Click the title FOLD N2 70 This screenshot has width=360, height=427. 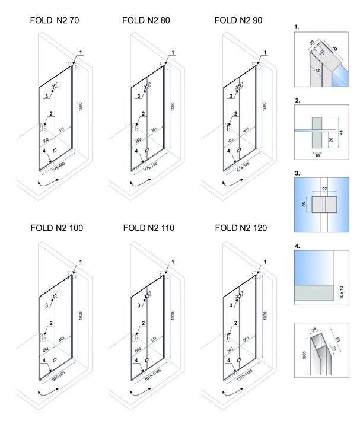click(54, 20)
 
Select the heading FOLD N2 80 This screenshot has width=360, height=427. click(146, 20)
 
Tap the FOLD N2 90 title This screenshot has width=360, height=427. click(238, 20)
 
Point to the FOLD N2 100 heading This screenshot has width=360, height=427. click(56, 227)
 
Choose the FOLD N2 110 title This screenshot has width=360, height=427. click(148, 227)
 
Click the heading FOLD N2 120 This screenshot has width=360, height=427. click(241, 227)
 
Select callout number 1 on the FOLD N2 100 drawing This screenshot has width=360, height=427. click(81, 261)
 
